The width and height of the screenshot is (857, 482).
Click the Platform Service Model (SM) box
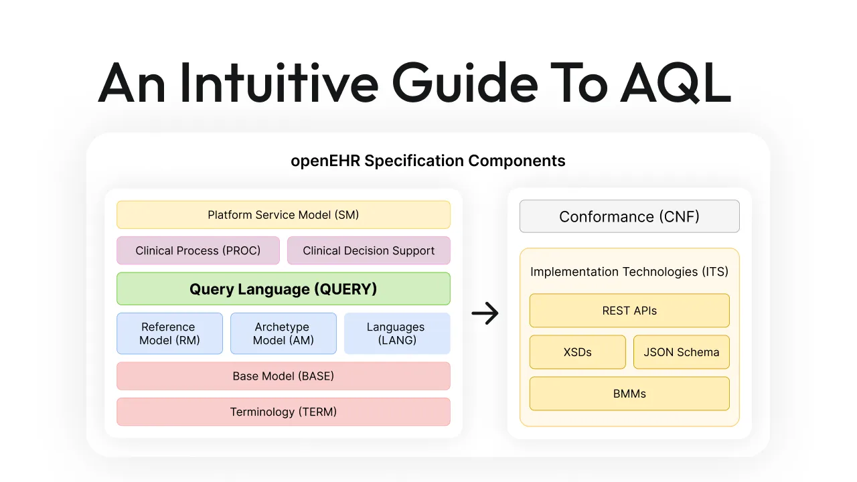[283, 215]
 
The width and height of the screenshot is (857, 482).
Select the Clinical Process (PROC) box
[198, 250]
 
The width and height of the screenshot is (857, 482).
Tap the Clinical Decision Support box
[368, 250]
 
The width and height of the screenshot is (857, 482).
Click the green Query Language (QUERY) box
[283, 289]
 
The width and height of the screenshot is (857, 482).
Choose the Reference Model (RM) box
[169, 333]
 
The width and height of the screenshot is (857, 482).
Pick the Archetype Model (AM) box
[283, 333]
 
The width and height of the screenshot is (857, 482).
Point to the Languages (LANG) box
[396, 333]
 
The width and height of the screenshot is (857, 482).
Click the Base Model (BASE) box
[283, 376]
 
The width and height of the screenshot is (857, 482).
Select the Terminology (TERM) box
[283, 412]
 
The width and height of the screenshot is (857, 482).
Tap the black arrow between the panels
[485, 313]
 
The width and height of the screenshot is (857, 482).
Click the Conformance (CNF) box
[629, 216]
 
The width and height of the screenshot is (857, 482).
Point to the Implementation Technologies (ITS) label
[629, 272]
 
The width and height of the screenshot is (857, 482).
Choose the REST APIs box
[629, 311]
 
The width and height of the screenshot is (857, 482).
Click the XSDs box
[577, 352]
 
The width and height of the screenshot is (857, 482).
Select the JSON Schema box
[681, 352]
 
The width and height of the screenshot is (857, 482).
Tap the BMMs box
[629, 394]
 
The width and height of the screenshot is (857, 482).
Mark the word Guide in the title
[465, 83]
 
